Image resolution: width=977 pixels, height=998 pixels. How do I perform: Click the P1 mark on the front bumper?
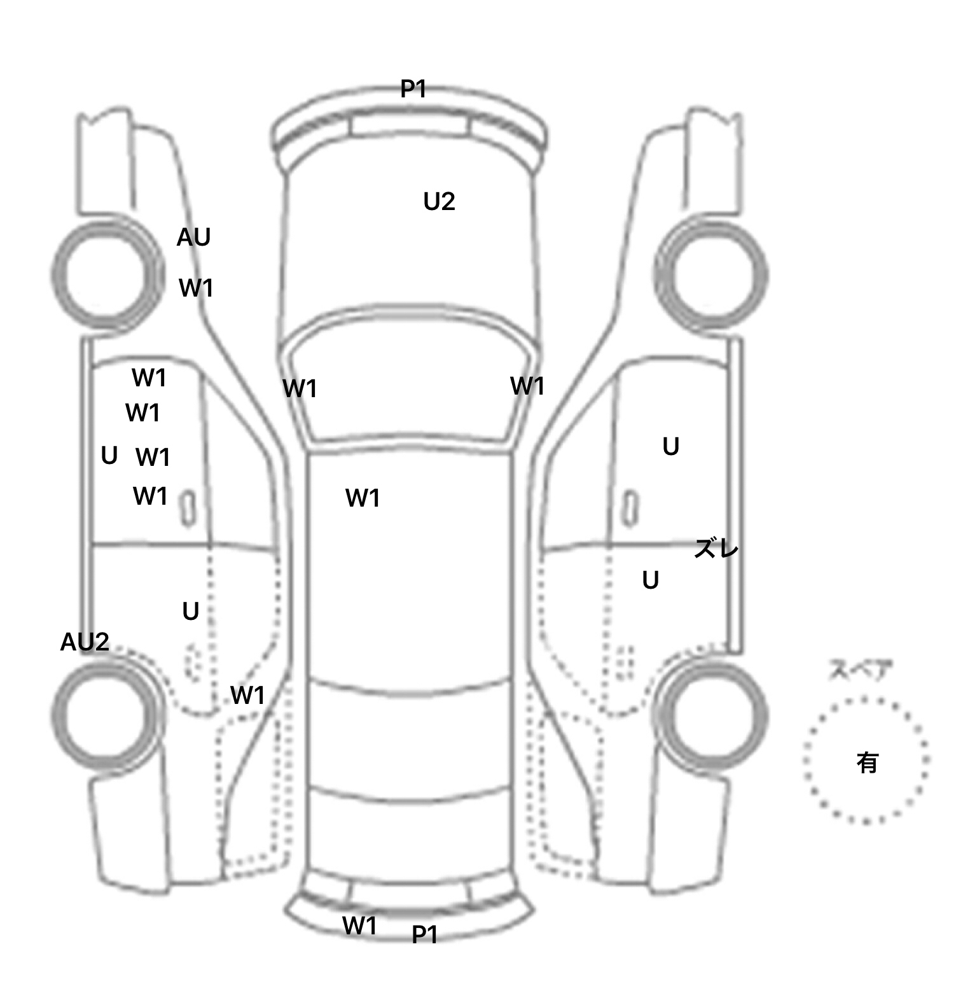pyautogui.click(x=413, y=88)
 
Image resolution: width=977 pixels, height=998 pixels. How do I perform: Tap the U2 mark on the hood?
pyautogui.click(x=439, y=202)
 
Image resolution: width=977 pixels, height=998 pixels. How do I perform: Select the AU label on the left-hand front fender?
pyautogui.click(x=193, y=237)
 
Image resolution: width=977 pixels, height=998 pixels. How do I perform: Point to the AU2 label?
pyautogui.click(x=85, y=642)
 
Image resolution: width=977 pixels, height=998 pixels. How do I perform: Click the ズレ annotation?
pyautogui.click(x=716, y=548)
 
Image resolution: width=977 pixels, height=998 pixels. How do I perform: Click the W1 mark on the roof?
pyautogui.click(x=363, y=498)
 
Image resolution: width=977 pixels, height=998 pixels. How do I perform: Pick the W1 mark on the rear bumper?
pyautogui.click(x=360, y=925)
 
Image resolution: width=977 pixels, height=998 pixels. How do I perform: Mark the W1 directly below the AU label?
pyautogui.click(x=196, y=288)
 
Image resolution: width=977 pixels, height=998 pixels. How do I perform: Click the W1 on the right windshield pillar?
pyautogui.click(x=527, y=386)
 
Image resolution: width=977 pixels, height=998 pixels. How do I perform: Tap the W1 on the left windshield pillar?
pyautogui.click(x=300, y=388)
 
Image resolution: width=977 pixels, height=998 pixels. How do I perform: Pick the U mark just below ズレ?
pyautogui.click(x=650, y=580)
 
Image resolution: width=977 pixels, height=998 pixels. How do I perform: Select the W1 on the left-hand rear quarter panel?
pyautogui.click(x=247, y=696)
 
